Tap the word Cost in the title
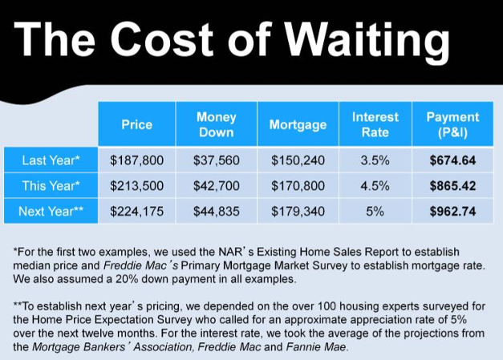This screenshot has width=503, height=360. (x=162, y=38)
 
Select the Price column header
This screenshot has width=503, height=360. (x=136, y=124)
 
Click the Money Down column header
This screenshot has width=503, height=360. (x=217, y=124)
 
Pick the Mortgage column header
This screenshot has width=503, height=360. (x=298, y=124)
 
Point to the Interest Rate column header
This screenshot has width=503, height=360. (x=375, y=124)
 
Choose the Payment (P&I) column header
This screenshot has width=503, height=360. (x=452, y=124)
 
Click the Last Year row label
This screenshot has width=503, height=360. (x=51, y=160)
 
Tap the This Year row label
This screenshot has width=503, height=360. (x=51, y=185)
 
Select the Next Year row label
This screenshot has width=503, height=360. (x=51, y=211)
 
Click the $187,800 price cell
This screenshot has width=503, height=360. (x=136, y=160)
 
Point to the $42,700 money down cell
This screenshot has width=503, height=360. (x=217, y=186)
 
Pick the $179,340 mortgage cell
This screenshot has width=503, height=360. (x=298, y=211)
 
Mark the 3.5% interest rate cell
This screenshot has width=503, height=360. (x=375, y=160)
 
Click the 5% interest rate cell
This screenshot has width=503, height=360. (x=375, y=211)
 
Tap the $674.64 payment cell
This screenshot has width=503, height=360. (x=452, y=160)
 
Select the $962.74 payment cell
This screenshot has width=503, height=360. (x=452, y=211)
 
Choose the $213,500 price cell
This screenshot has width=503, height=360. (x=136, y=186)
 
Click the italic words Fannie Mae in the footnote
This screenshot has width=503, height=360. (x=315, y=347)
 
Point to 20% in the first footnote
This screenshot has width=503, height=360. (x=127, y=279)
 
